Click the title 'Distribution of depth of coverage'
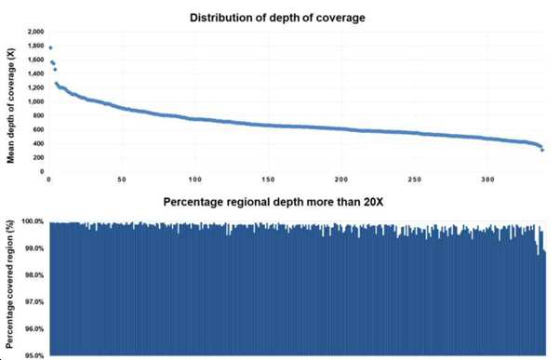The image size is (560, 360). (277, 18)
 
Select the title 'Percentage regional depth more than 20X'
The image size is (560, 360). (273, 202)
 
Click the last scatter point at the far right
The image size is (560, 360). (542, 151)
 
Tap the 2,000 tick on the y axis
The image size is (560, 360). (35, 32)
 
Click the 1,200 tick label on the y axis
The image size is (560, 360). (35, 87)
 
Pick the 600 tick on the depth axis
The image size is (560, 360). (38, 129)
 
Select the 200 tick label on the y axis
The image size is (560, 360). (38, 157)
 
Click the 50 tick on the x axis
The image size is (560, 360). (122, 180)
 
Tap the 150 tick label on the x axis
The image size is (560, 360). (268, 180)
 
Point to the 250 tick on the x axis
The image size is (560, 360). (414, 180)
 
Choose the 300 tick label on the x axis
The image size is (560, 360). (487, 180)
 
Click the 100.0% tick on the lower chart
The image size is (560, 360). (33, 221)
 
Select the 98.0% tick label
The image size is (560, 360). (33, 275)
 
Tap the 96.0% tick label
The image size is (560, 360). (33, 329)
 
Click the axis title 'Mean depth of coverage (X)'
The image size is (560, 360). (11, 106)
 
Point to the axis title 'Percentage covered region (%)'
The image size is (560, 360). (10, 285)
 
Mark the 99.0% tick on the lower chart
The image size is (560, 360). (33, 248)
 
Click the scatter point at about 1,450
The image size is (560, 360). (55, 69)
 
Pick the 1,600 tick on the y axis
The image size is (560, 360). (35, 60)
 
